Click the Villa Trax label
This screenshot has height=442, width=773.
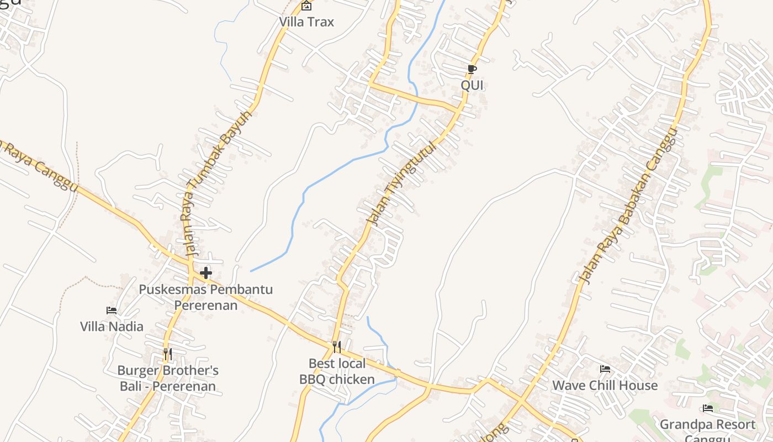(x=306, y=22)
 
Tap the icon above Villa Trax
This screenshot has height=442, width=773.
(x=306, y=6)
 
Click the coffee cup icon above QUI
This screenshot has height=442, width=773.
(x=472, y=69)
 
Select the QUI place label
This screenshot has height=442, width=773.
(x=472, y=85)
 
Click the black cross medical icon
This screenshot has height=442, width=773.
(x=206, y=273)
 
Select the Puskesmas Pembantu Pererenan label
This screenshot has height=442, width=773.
(x=206, y=297)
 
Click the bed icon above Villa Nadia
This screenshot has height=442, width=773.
(x=112, y=311)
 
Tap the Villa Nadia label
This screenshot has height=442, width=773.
(x=112, y=327)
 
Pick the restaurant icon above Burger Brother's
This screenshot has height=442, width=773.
(x=167, y=354)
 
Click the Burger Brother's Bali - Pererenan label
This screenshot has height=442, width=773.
(x=168, y=378)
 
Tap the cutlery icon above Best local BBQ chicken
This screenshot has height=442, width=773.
(x=336, y=347)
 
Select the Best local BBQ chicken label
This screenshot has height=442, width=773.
(x=337, y=371)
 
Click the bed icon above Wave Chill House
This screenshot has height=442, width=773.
(x=605, y=369)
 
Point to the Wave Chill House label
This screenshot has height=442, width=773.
(x=605, y=385)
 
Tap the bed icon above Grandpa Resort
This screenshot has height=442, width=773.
(x=708, y=408)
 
